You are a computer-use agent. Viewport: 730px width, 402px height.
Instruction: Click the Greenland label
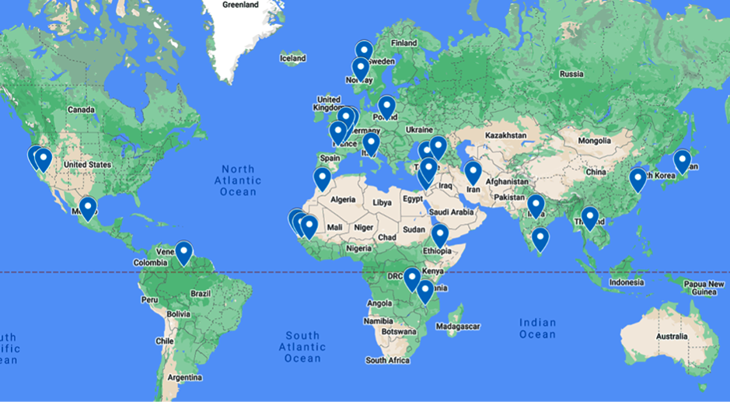pos(240,5)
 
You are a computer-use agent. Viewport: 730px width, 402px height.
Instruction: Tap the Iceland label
pos(293,58)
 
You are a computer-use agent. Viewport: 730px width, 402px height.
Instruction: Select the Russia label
pos(571,75)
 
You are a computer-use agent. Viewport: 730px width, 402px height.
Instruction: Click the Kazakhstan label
pos(507,135)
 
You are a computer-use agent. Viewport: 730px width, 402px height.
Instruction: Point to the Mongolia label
pos(594,142)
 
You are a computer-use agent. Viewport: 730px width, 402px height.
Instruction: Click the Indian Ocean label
pos(538,328)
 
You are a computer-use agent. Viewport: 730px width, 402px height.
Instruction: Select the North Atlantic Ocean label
pos(238,180)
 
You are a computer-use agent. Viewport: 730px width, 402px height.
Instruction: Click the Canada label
pos(81,110)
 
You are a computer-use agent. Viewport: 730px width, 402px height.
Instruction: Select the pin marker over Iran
pos(473,172)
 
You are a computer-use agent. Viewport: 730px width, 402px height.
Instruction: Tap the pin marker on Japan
pos(682,160)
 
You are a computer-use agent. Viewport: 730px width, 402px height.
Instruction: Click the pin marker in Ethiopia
pos(440,234)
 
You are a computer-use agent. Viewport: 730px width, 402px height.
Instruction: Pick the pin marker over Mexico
pos(88,208)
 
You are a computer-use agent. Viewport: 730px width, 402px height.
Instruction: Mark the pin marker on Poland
pos(386,106)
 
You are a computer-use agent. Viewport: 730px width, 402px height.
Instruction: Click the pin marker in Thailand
pos(590,217)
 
